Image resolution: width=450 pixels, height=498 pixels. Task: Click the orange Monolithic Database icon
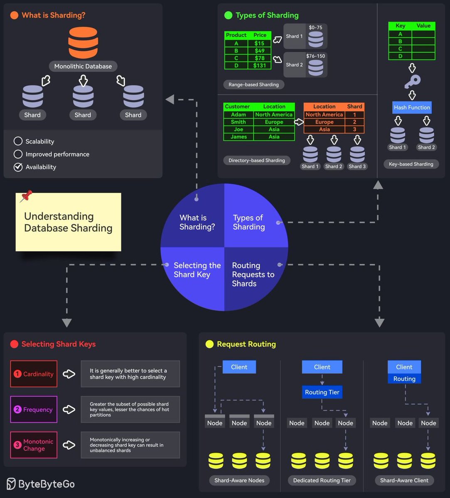(83, 42)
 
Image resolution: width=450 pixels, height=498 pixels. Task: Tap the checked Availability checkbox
(18, 167)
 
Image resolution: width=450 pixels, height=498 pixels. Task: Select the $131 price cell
(260, 66)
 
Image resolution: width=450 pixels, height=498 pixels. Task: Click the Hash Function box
(412, 107)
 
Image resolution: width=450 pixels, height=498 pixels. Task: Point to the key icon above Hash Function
(412, 81)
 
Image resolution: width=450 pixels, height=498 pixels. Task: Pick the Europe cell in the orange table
(324, 122)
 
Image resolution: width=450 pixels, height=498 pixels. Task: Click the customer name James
(239, 137)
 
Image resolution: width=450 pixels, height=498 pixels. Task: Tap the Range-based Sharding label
(253, 85)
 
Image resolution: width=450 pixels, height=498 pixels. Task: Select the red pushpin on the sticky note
(26, 196)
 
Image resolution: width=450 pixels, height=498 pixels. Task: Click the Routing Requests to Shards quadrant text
(253, 274)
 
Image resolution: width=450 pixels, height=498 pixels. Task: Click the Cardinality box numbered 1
(34, 374)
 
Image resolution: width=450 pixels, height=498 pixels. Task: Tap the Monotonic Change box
(34, 445)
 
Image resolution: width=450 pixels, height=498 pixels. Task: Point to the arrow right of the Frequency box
(69, 410)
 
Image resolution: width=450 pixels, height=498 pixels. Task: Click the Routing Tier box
(322, 392)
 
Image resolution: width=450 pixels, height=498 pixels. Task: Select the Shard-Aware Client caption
(404, 481)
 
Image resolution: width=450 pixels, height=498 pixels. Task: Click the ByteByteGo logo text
(46, 484)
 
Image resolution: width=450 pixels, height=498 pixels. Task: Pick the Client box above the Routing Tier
(322, 367)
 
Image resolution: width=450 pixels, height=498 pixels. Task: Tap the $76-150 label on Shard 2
(315, 56)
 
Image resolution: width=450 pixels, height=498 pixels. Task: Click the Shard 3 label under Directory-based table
(357, 166)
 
